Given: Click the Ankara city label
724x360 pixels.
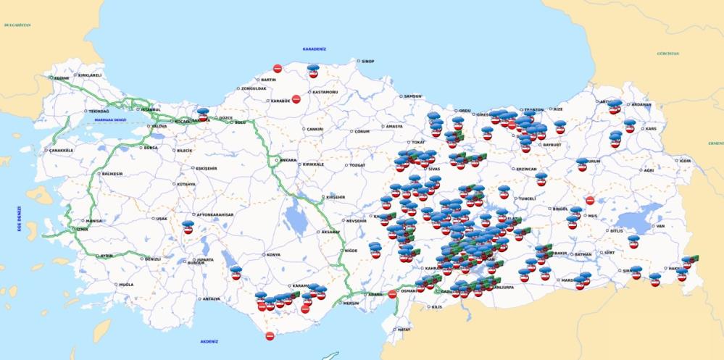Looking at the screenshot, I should click(x=288, y=160).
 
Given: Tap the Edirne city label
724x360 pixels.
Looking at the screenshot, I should click(x=61, y=78).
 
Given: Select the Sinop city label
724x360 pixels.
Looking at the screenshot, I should click(x=367, y=62).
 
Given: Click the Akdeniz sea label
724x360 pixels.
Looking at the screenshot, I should click(x=209, y=341).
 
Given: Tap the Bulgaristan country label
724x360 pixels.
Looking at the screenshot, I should click(x=17, y=25).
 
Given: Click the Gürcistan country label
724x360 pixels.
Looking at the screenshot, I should click(x=667, y=54).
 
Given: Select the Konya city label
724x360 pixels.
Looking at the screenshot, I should click(x=273, y=255).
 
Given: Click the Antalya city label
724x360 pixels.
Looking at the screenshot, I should click(x=211, y=299).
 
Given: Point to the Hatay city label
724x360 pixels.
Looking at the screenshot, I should click(x=404, y=330).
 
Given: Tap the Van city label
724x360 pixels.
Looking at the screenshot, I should click(x=659, y=226).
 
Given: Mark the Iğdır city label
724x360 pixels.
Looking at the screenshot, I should click(x=683, y=161).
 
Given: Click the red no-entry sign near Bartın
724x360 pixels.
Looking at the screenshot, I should click(x=277, y=68).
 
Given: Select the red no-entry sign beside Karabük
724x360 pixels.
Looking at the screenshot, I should click(x=296, y=99).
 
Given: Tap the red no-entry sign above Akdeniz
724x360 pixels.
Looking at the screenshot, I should click(x=270, y=335).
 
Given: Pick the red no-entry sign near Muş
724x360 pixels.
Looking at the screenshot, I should click(x=590, y=201).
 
